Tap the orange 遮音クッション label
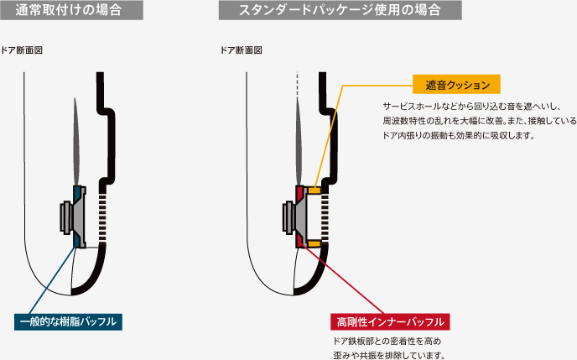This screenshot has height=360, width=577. coord(456,85)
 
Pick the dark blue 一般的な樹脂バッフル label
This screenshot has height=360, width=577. coord(70,321)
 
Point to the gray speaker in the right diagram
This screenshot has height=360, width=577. coord(290,217)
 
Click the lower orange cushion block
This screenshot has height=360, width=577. coord(314,243)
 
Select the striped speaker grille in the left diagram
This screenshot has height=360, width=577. coord(103,217)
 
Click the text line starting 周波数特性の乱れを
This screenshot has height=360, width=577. coord(479,121)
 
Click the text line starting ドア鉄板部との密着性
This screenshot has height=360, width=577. coord(387,342)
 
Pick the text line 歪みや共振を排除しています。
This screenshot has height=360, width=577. coord(388,355)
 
